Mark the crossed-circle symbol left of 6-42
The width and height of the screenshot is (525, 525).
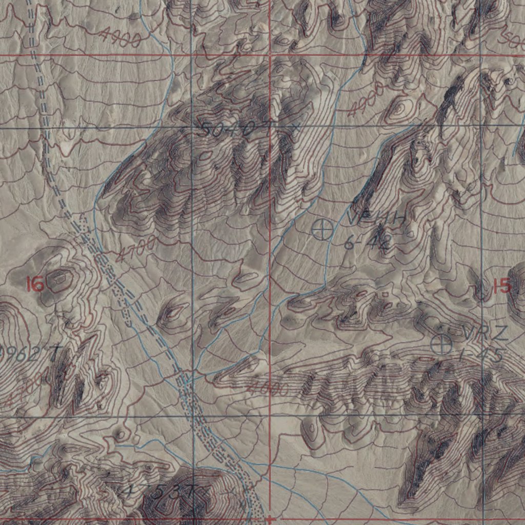[322, 229]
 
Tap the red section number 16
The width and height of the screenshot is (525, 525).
[35, 284]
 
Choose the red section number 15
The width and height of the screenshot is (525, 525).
[502, 286]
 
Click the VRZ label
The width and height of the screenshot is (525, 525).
[484, 333]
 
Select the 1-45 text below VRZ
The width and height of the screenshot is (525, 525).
[481, 355]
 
